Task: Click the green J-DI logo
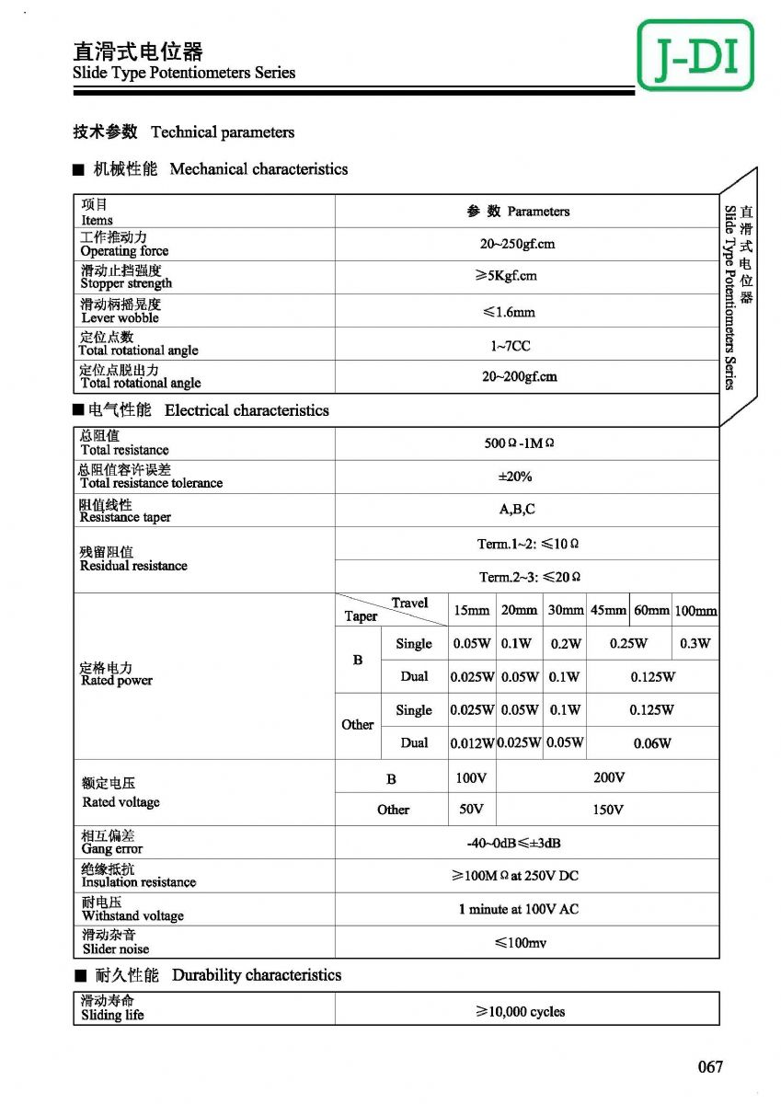[x=695, y=55]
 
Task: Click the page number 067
[x=710, y=1066]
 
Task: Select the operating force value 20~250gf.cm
[x=517, y=245]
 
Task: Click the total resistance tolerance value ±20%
[x=514, y=477]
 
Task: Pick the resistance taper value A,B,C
[x=517, y=509]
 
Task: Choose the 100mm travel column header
[x=695, y=610]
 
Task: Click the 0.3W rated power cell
[x=695, y=644]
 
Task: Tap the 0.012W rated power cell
[x=472, y=743]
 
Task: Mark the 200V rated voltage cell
[x=609, y=777]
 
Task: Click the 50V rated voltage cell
[x=471, y=810]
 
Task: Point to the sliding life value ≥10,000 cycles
[x=520, y=1011]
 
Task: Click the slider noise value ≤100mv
[x=520, y=943]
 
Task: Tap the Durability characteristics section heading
[x=256, y=975]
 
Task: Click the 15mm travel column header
[x=471, y=610]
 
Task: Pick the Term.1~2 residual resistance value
[x=527, y=544]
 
